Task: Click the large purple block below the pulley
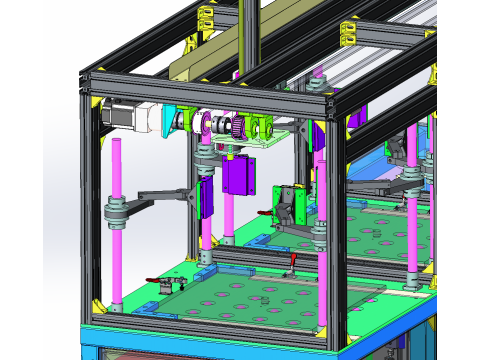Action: coord(241,175)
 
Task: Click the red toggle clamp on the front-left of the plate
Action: coord(158,284)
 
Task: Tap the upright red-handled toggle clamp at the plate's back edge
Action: coord(291,263)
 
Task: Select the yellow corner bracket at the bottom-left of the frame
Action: coord(98,304)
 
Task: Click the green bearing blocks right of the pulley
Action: coord(262,128)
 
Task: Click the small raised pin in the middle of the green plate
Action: coord(266,299)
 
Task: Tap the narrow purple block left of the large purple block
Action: coord(207,196)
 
